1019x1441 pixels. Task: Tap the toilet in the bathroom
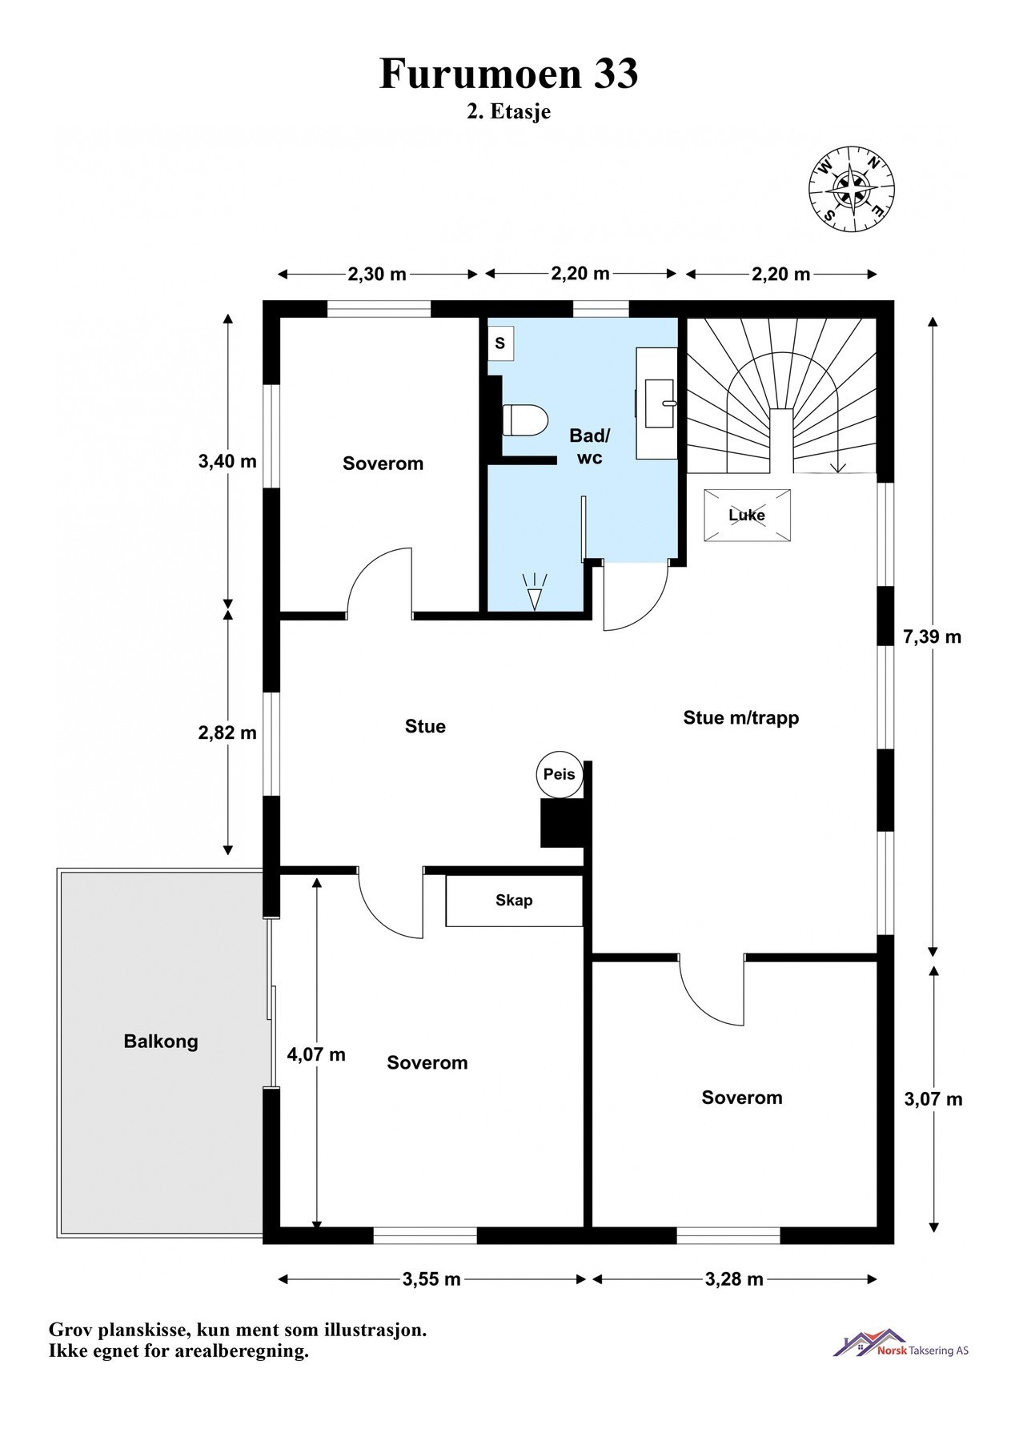click(524, 419)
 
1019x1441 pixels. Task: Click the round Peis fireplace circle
click(559, 775)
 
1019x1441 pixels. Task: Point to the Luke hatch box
click(747, 515)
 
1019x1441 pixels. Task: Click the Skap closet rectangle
click(514, 901)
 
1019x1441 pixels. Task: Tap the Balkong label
click(161, 1042)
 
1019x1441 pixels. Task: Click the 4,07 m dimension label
click(316, 1054)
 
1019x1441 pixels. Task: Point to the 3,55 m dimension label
click(431, 1279)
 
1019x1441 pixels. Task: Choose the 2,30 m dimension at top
click(377, 275)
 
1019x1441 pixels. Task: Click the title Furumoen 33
click(509, 74)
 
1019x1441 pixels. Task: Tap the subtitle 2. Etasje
click(509, 112)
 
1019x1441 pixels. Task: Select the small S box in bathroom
click(500, 343)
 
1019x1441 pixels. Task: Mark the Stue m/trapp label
click(741, 717)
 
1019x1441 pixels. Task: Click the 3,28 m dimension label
click(734, 1279)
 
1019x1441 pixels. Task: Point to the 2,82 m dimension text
click(227, 733)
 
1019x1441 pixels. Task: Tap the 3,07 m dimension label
click(933, 1099)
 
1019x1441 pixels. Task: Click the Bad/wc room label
click(590, 447)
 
